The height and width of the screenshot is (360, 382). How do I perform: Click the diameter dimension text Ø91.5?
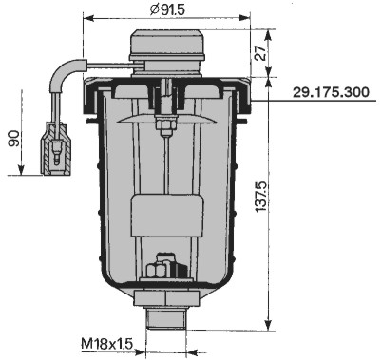tap(167, 9)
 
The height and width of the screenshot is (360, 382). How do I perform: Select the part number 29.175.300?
tap(331, 92)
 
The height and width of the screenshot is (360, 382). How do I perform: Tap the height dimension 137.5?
tap(261, 197)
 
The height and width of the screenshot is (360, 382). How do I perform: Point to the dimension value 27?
tap(260, 53)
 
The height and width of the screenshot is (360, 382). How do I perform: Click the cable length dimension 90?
tap(14, 139)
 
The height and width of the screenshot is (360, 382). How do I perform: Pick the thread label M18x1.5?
tap(106, 344)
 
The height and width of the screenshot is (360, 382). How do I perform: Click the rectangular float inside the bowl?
tap(167, 216)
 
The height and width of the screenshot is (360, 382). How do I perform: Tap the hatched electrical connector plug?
tap(56, 148)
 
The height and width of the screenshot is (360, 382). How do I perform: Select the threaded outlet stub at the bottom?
tap(166, 317)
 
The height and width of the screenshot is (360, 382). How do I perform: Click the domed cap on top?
tap(167, 46)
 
